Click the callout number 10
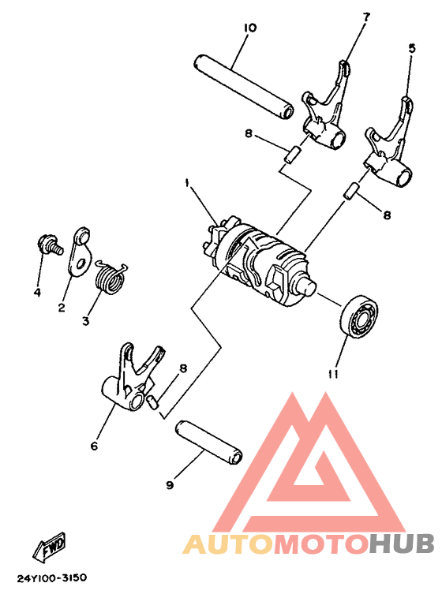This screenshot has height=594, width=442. (249, 28)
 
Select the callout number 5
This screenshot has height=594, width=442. (410, 47)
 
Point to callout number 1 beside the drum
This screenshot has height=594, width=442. (187, 183)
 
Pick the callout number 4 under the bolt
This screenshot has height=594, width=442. (37, 293)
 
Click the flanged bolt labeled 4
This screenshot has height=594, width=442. (47, 244)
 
